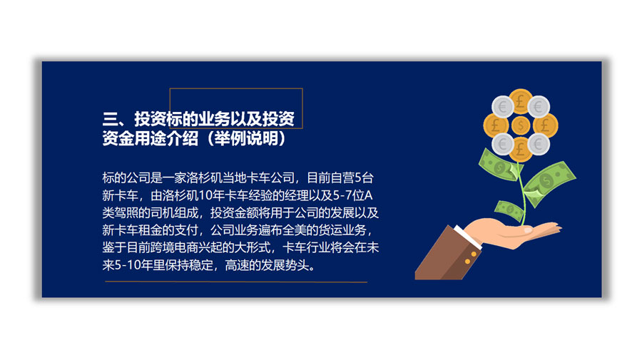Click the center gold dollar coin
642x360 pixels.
[x=521, y=125]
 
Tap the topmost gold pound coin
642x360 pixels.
[x=521, y=101]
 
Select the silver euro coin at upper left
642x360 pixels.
[x=502, y=107]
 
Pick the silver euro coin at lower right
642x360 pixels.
[x=539, y=143]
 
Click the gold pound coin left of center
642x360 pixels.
[x=496, y=125]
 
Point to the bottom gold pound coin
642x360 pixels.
[x=521, y=149]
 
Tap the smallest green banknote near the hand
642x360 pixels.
[x=509, y=211]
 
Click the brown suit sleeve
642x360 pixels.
[x=447, y=256]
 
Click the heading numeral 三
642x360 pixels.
[x=110, y=119]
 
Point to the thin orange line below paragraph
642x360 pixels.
[x=236, y=282]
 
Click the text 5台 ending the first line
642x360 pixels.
[x=364, y=178]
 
